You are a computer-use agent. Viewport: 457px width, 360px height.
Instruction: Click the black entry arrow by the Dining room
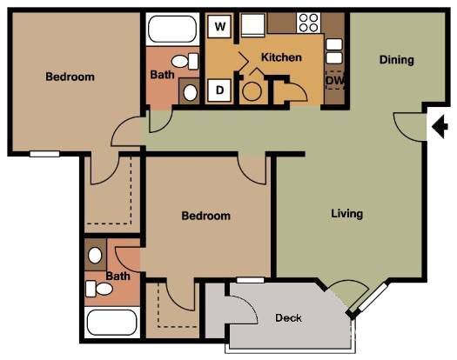439,127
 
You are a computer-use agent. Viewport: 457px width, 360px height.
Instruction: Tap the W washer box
221,26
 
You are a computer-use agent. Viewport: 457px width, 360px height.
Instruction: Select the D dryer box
220,90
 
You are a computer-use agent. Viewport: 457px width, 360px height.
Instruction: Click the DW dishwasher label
334,81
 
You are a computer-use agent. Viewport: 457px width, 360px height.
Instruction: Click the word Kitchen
281,57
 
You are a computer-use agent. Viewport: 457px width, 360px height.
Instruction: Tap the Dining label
396,60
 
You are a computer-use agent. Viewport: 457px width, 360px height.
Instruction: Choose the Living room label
346,213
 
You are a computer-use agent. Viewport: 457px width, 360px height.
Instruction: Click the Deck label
288,318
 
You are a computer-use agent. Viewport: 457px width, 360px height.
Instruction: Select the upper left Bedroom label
70,77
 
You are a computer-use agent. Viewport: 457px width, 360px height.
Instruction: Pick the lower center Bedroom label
205,216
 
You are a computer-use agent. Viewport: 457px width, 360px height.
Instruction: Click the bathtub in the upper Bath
172,29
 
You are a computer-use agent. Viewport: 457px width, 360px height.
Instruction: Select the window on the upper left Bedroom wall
44,154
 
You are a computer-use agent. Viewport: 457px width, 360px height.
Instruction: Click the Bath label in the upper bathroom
163,76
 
